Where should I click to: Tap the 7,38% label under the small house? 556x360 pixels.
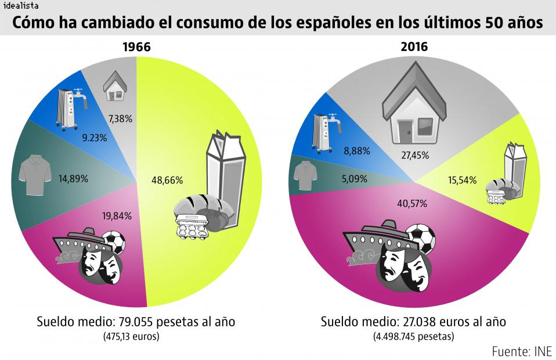click(120, 119)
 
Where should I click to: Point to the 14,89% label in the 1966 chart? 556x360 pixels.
click(73, 179)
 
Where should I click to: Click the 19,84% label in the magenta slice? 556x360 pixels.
click(116, 216)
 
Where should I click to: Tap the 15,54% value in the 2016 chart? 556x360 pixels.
click(463, 180)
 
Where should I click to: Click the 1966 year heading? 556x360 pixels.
click(136, 47)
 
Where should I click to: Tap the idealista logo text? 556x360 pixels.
click(21, 6)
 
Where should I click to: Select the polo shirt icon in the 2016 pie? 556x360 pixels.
click(306, 175)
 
